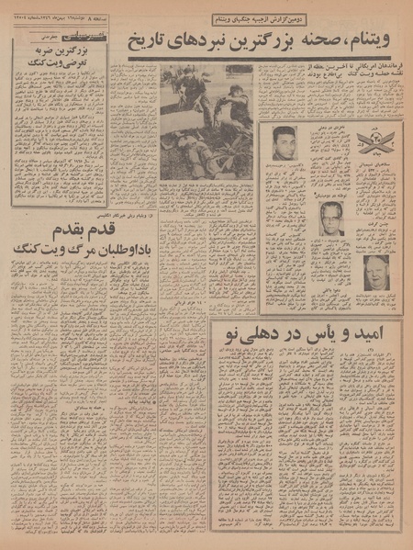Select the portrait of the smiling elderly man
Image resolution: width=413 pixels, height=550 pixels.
pyautogui.click(x=376, y=271)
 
